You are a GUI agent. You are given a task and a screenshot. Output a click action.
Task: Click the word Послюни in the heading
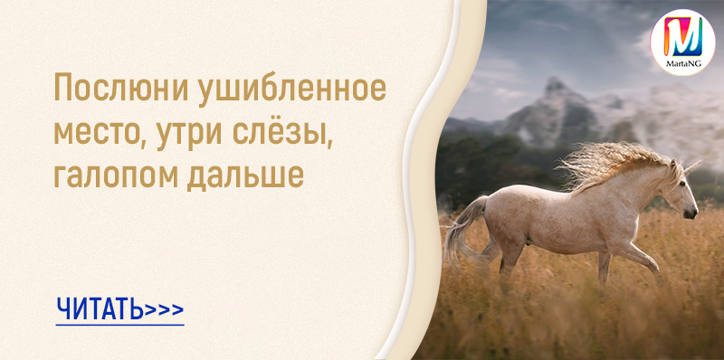[121, 88]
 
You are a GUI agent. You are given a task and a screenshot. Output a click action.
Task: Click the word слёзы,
[282, 133]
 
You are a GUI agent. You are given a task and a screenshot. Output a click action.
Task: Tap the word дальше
[245, 175]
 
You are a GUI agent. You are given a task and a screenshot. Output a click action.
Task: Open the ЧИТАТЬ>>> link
[119, 309]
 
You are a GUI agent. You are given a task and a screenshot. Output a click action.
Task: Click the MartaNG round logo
[682, 42]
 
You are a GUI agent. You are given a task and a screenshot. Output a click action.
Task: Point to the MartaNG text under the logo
[683, 64]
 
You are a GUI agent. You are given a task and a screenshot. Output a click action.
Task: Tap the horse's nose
[691, 213]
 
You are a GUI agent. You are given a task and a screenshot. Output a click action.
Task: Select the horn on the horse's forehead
[692, 166]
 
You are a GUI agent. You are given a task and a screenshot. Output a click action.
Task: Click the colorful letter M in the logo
[683, 37]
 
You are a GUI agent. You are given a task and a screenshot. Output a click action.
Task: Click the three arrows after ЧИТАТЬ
[165, 309]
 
